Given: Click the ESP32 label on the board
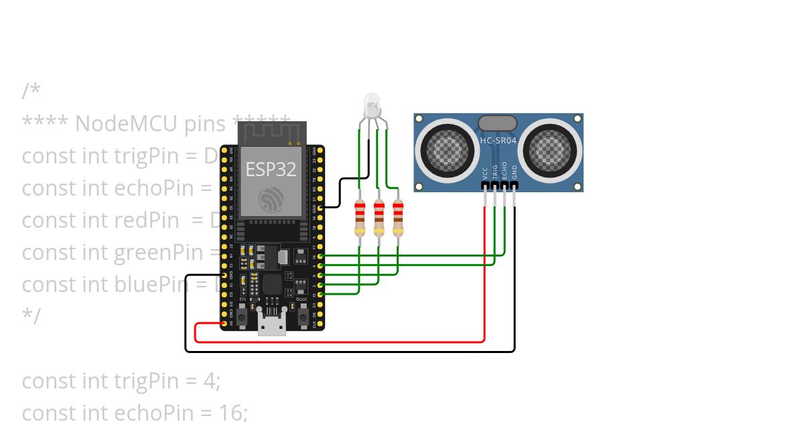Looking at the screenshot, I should point(271,169).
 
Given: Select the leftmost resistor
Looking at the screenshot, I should point(360,218).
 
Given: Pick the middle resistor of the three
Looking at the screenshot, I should point(379,218).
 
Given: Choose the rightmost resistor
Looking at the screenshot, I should point(398,218).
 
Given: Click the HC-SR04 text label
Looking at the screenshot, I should point(498,140).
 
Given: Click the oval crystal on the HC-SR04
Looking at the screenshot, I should point(497,123).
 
